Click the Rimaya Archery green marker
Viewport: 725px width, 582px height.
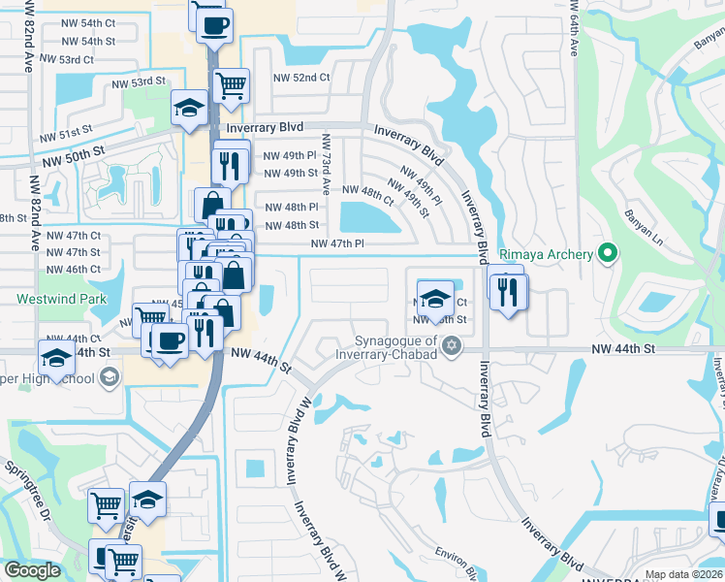point(608,254)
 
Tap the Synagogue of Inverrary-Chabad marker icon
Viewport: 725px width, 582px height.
point(451,345)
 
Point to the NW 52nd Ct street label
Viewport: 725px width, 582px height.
point(301,78)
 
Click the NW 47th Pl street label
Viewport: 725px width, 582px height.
point(337,244)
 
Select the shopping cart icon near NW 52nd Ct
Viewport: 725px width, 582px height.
point(231,84)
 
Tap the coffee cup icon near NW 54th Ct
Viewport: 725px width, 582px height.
point(214,23)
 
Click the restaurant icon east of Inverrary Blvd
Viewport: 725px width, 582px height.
point(509,290)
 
